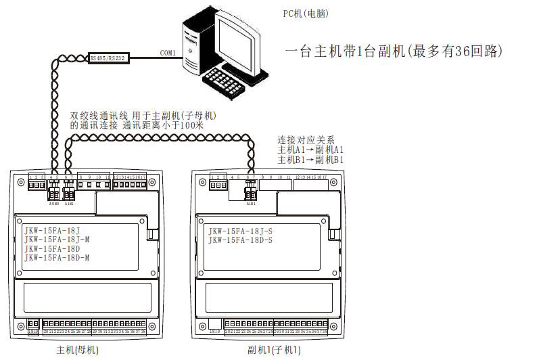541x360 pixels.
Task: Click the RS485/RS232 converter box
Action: tap(108, 58)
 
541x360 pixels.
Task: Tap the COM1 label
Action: tap(168, 53)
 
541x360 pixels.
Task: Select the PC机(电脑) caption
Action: tap(306, 14)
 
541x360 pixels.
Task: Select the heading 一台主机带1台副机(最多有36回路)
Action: tap(395, 51)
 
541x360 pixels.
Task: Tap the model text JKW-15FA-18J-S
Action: tap(240, 231)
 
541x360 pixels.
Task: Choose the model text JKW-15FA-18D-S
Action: tap(240, 240)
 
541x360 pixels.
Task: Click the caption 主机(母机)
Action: tap(78, 351)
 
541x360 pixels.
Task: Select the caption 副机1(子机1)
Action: tap(275, 351)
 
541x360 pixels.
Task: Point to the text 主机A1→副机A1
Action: tap(311, 150)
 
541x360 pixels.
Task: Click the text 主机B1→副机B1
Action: tap(311, 160)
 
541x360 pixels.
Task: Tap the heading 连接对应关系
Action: tap(306, 139)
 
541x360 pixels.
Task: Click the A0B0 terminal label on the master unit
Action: tap(54, 202)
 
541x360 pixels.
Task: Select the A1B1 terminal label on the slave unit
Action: tap(251, 202)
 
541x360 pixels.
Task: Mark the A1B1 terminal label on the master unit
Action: tap(68, 202)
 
